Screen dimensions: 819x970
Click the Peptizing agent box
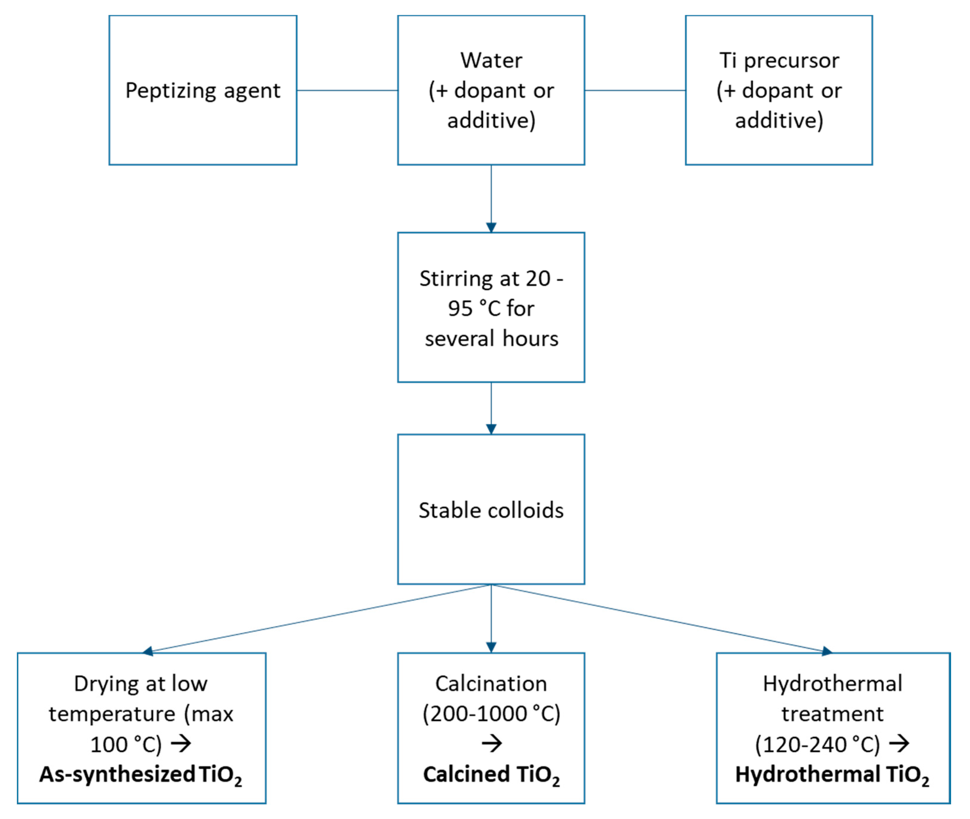pos(203,90)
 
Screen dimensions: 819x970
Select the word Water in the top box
pos(491,60)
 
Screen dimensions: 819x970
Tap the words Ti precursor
pos(779,60)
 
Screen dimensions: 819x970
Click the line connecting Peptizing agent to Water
pos(347,90)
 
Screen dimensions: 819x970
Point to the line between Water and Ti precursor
pos(635,90)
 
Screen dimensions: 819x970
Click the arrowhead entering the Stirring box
pos(491,227)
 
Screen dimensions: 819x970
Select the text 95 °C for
pos(491,308)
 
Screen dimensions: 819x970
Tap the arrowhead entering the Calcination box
pos(491,647)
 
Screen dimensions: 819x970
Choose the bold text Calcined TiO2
pos(491,774)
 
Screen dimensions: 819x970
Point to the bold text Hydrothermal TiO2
pos(832,774)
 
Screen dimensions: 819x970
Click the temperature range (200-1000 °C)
pos(491,714)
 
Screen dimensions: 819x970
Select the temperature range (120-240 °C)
pos(817,744)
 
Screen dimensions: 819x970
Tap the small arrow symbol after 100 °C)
pos(181,743)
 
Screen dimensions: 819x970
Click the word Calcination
pos(491,683)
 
